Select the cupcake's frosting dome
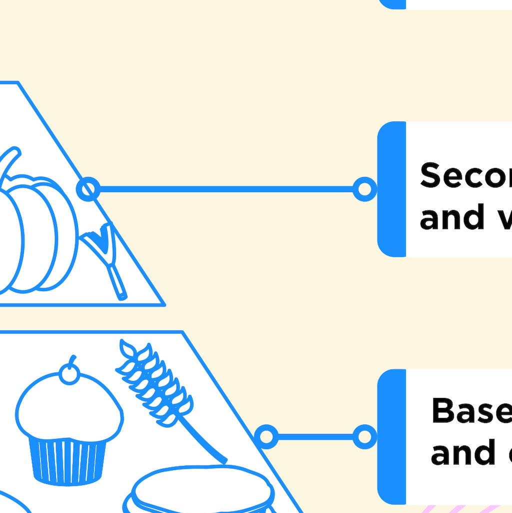coord(68,410)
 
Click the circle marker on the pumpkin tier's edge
coord(88,189)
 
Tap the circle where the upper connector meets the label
coord(364,189)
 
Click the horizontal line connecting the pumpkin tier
coord(225,189)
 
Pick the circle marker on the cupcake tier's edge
coord(266,437)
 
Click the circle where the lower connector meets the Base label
coord(364,437)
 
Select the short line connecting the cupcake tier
coord(315,437)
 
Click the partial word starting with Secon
coord(465,176)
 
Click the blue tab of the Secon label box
coord(391,189)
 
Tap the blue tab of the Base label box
coord(391,436)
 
